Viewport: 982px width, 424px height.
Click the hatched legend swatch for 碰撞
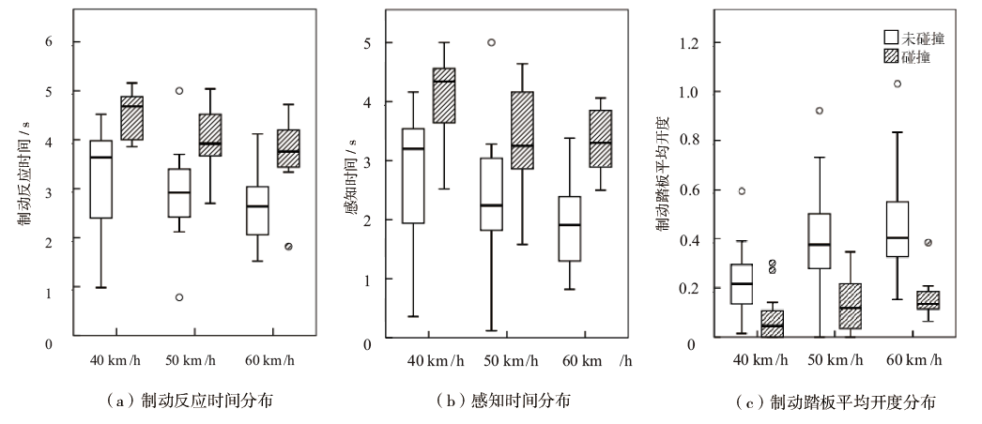click(892, 57)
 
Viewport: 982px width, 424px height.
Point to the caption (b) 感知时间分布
click(504, 401)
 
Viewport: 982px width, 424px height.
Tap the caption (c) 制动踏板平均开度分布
click(838, 402)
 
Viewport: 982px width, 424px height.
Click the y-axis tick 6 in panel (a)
click(49, 42)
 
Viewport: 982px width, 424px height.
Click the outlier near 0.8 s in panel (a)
click(178, 297)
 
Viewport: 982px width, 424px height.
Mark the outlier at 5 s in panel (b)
click(492, 42)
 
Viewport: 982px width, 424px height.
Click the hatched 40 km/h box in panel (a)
click(130, 118)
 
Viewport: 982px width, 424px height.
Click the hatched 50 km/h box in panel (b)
click(522, 130)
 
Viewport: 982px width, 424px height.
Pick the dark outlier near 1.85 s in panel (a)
click(288, 247)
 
